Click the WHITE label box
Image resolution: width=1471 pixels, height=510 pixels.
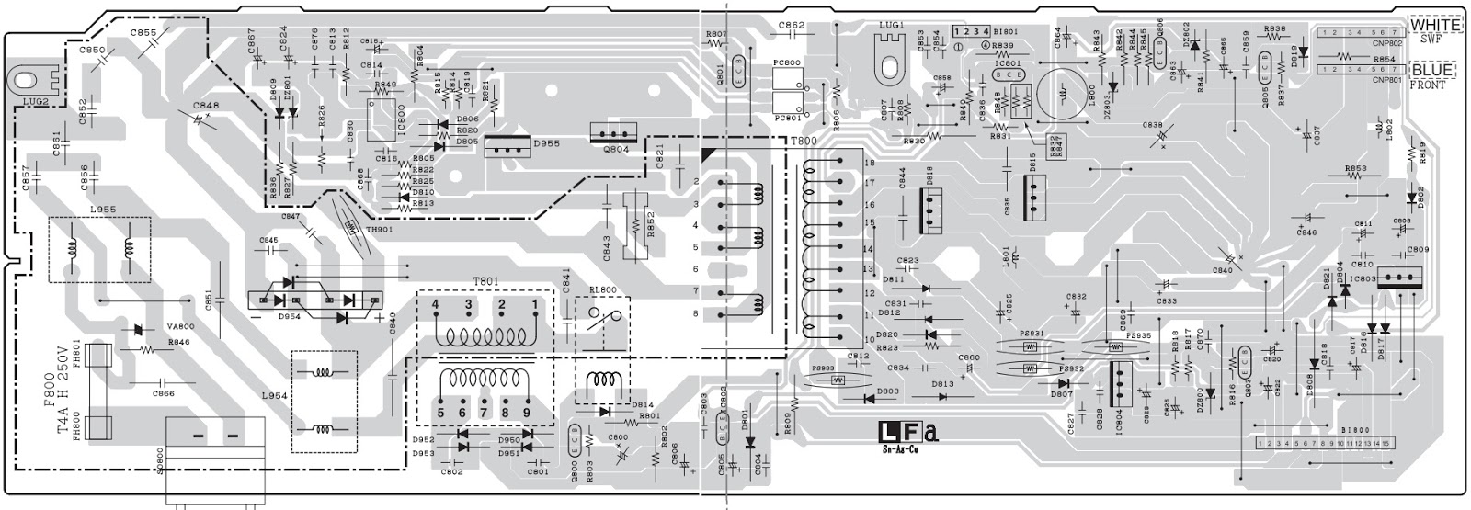click(1435, 26)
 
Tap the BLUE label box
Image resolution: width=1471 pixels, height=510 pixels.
click(1435, 71)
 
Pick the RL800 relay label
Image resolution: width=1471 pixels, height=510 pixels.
click(603, 289)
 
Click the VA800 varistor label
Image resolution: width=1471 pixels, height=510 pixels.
click(181, 327)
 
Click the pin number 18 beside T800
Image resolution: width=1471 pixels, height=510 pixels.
click(868, 163)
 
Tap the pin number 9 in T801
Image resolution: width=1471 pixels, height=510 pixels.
click(527, 413)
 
